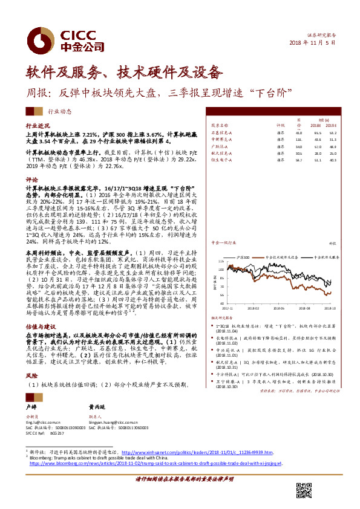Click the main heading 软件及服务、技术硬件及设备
123,73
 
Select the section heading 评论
31,180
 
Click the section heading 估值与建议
37,325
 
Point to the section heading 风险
31,375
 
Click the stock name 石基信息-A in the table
221,132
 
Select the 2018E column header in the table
316,125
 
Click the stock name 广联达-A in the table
219,146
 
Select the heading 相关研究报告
221,317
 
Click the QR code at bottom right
303,488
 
